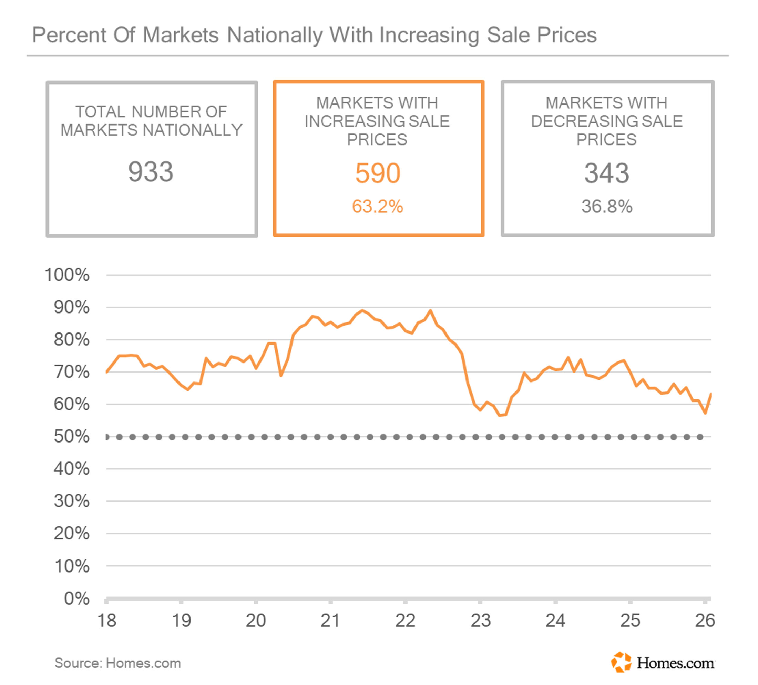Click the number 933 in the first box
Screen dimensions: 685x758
(x=151, y=172)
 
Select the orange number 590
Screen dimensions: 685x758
(x=378, y=173)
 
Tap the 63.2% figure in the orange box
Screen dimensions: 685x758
(x=378, y=206)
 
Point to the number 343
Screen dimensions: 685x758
(x=606, y=173)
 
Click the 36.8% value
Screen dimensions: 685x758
(x=607, y=206)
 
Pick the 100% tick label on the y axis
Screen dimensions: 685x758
(x=67, y=275)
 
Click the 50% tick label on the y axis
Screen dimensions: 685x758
(x=71, y=437)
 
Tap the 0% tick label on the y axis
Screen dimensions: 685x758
(x=77, y=598)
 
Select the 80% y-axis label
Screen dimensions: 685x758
(x=71, y=339)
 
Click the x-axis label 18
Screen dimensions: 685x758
(x=107, y=621)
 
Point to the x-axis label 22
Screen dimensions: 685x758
(x=405, y=621)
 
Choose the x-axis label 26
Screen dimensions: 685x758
(x=705, y=621)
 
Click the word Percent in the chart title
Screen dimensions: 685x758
(x=69, y=35)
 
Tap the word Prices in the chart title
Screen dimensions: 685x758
(x=567, y=35)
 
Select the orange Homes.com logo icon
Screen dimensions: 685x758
(x=621, y=662)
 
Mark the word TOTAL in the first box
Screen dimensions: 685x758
(x=100, y=112)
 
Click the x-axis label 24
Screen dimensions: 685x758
(x=555, y=621)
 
